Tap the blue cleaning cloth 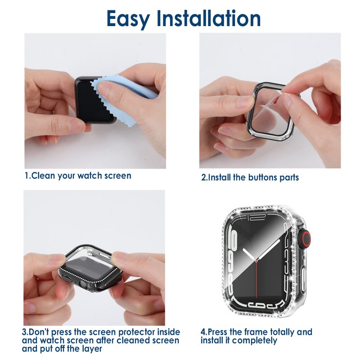click(135, 90)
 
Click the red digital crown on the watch click(306, 238)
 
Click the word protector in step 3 click(142, 332)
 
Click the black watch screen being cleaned click(92, 101)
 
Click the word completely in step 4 click(255, 341)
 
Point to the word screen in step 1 click(117, 175)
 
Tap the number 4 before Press click(203, 332)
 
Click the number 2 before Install click(203, 177)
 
